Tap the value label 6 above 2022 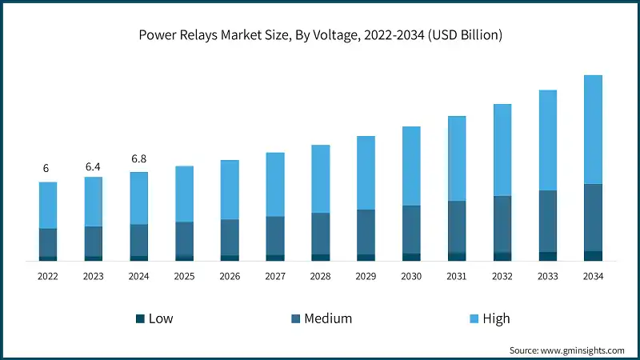[46, 169]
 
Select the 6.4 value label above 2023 [93, 166]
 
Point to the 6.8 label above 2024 [138, 159]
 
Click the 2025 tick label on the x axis [184, 276]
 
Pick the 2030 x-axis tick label [411, 276]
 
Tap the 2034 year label [593, 276]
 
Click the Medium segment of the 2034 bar [593, 218]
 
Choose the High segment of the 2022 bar [48, 205]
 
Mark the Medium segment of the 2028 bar [320, 234]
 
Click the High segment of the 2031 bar [457, 158]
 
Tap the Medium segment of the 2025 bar [184, 238]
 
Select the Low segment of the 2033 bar [547, 256]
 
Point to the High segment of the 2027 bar [275, 184]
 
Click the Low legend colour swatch [140, 318]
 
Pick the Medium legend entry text [328, 318]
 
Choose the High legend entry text [496, 318]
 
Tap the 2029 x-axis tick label [366, 276]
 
